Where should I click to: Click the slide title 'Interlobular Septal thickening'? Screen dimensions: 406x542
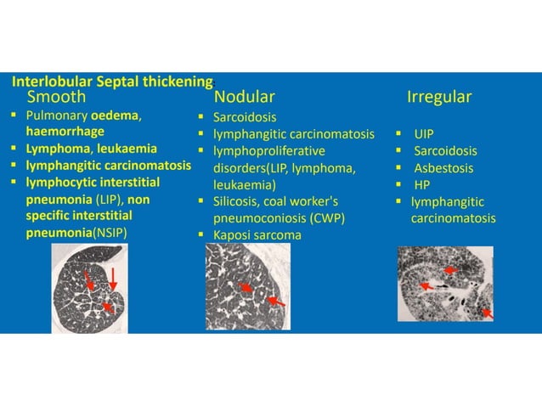coord(111,82)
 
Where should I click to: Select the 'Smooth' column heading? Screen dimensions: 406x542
coord(56,97)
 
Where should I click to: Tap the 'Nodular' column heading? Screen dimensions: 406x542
coord(244,97)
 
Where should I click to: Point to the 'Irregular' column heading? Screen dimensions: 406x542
coord(439,97)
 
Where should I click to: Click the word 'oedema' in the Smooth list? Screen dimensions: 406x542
coord(116,116)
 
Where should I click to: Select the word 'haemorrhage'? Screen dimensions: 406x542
coord(65,132)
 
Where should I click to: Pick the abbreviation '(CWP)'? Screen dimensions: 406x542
coord(326,217)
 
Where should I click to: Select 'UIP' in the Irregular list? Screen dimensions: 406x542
coord(424,134)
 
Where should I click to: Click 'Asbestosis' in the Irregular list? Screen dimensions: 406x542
coord(443,168)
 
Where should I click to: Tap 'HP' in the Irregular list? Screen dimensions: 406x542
coord(422,185)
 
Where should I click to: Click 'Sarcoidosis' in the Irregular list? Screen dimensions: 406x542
coord(445,151)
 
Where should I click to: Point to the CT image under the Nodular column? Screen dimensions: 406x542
coord(247,286)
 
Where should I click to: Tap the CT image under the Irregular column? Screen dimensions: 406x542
coord(446,284)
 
